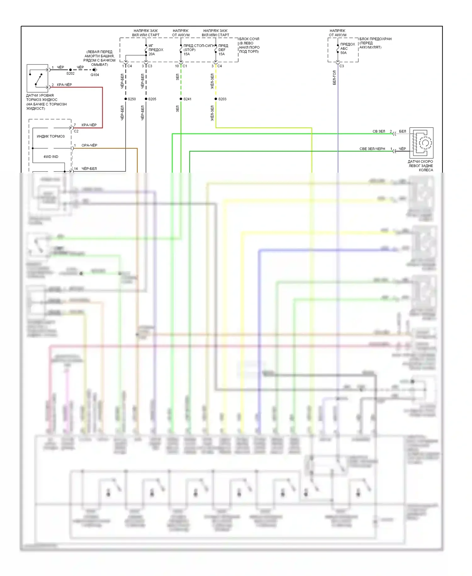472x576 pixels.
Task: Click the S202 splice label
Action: point(70,73)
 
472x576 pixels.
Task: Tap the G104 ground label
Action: point(95,75)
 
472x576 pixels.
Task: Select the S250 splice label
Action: point(132,99)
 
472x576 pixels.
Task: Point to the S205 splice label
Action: point(152,99)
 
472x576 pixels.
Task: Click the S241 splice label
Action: point(187,99)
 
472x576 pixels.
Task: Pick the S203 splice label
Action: point(222,99)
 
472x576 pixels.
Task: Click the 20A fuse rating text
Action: point(152,54)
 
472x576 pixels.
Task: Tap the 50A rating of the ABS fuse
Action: point(343,53)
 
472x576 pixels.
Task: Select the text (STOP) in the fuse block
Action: point(189,50)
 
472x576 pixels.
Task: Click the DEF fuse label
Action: point(222,50)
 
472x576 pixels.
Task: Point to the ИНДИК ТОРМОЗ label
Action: point(51,136)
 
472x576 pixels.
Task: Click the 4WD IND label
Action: point(51,157)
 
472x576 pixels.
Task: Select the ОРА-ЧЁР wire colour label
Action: point(89,145)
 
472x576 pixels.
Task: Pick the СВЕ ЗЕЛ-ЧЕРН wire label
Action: point(372,149)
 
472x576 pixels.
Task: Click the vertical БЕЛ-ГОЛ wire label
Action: point(334,78)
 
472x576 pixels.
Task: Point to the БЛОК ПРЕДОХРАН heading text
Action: point(375,39)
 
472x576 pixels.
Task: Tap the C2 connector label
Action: point(76,131)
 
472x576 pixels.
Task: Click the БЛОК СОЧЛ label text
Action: point(249,39)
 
